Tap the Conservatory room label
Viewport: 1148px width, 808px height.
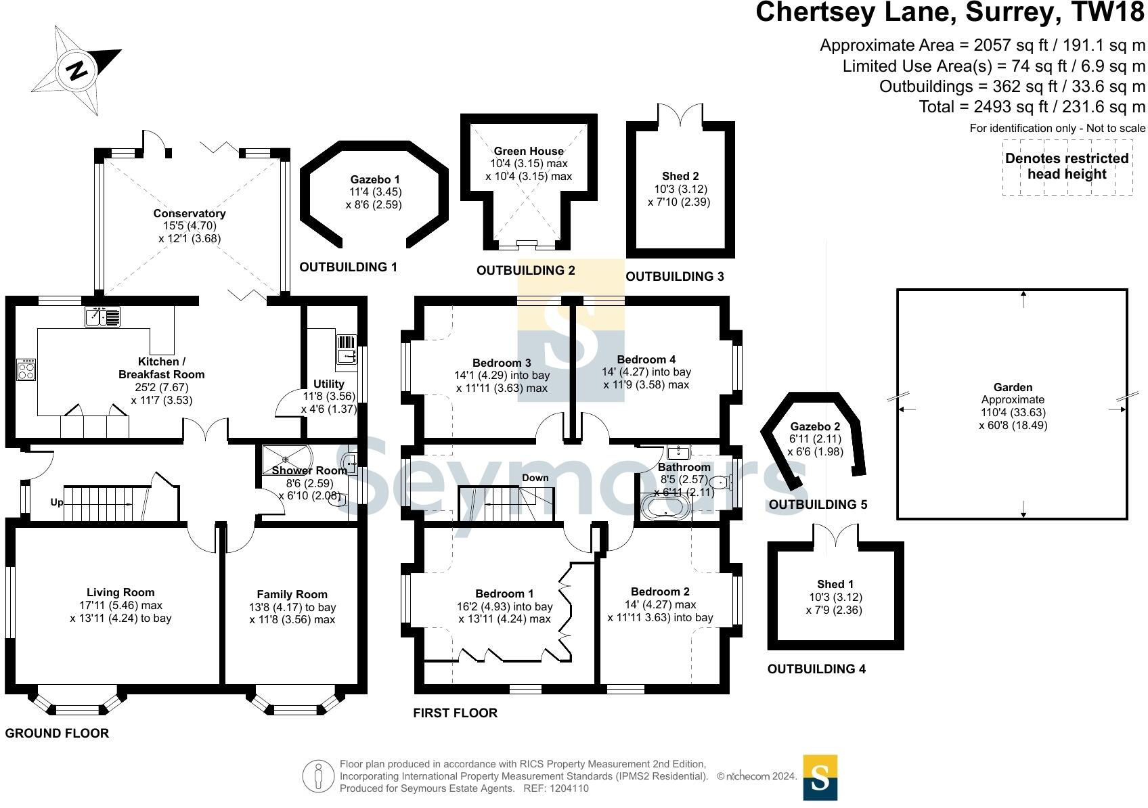pyautogui.click(x=189, y=214)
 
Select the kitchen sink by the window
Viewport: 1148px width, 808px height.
pyautogui.click(x=102, y=317)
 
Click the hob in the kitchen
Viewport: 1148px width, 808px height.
pyautogui.click(x=26, y=369)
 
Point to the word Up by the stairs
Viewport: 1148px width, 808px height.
pyautogui.click(x=57, y=503)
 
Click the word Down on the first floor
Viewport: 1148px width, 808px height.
pyautogui.click(x=535, y=478)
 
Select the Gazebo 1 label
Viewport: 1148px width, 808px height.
pyautogui.click(x=374, y=179)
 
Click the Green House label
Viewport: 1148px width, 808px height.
pyautogui.click(x=529, y=152)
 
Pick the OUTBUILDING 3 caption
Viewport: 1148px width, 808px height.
pyautogui.click(x=674, y=277)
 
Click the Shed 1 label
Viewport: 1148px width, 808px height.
pyautogui.click(x=835, y=584)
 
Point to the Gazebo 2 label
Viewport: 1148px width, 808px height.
pyautogui.click(x=815, y=426)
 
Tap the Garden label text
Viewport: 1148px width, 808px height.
pyautogui.click(x=1013, y=387)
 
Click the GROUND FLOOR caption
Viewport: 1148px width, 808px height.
pyautogui.click(x=57, y=733)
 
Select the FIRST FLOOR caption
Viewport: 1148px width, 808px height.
pyautogui.click(x=455, y=713)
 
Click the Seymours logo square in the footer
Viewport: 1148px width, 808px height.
pyautogui.click(x=820, y=778)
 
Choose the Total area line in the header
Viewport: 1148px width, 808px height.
pyautogui.click(x=1032, y=107)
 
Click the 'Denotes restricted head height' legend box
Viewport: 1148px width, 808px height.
pyautogui.click(x=1067, y=167)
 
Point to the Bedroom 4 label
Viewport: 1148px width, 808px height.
pyautogui.click(x=646, y=359)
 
